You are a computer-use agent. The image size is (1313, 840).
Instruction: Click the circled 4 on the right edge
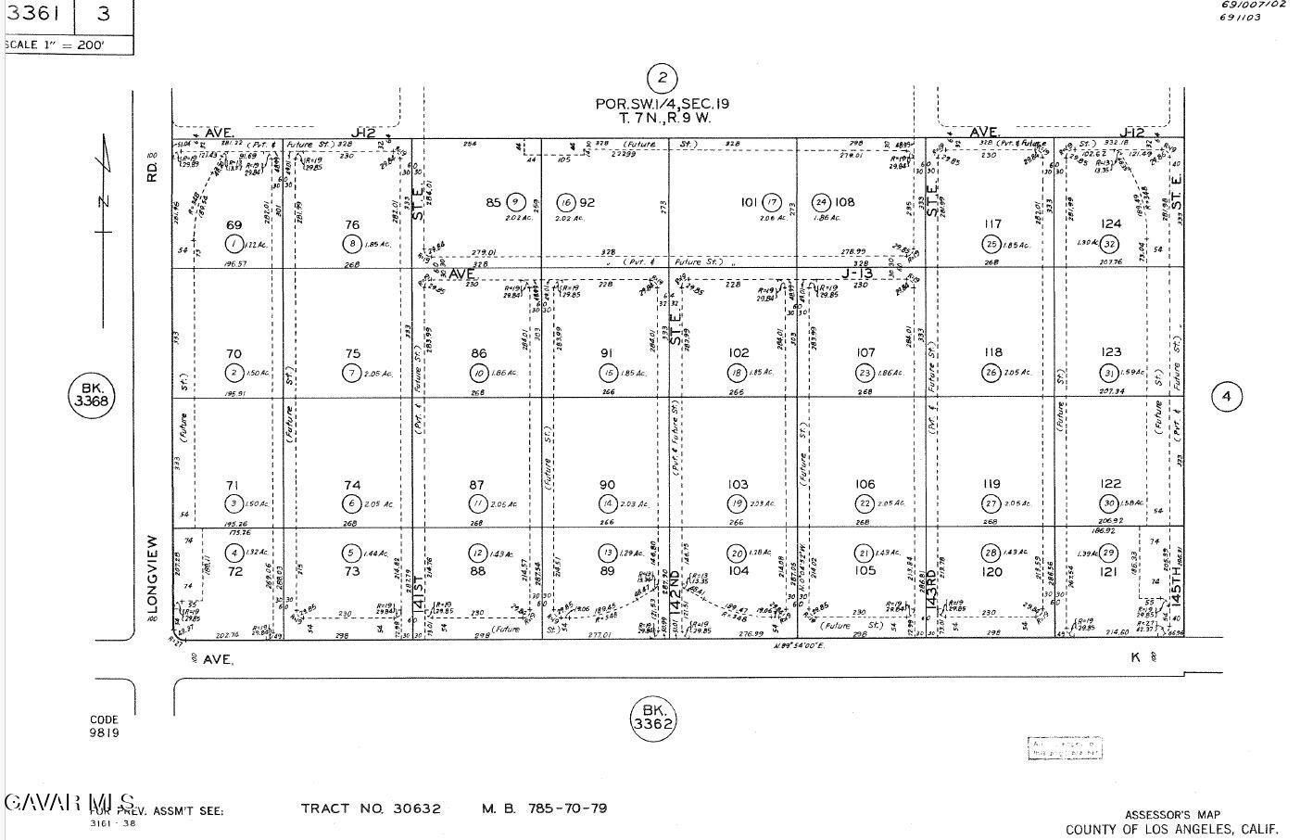click(x=1226, y=397)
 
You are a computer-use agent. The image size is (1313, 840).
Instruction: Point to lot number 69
click(x=234, y=225)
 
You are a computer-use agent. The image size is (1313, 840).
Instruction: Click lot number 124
click(x=1110, y=223)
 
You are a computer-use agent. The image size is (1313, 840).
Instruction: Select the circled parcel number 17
click(x=776, y=202)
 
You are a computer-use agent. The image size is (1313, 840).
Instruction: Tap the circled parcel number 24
click(x=820, y=202)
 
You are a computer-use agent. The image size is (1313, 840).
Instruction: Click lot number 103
click(x=738, y=485)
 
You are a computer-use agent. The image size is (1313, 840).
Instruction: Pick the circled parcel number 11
click(x=478, y=503)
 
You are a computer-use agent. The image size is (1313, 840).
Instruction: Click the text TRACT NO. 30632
click(x=371, y=808)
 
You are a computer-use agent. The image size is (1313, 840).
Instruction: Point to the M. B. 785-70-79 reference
click(x=544, y=808)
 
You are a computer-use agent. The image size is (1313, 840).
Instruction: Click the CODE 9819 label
click(x=105, y=726)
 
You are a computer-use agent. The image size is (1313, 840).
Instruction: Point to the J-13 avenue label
click(x=858, y=274)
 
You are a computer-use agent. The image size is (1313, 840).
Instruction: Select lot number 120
click(x=992, y=572)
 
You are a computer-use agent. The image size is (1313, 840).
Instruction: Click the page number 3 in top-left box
click(x=103, y=14)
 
